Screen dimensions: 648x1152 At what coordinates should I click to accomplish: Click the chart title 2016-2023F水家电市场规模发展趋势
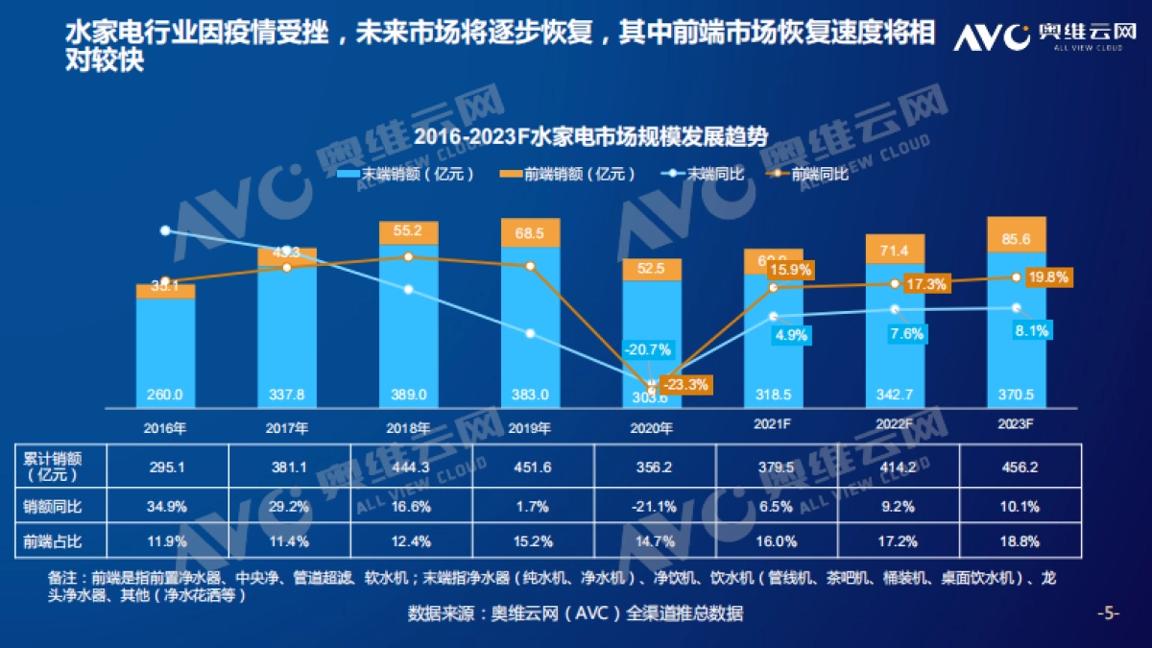590,136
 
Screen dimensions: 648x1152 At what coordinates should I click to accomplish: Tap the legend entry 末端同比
702,174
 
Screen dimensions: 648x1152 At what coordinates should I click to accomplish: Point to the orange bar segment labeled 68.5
530,233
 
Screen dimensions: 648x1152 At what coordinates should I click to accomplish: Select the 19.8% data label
1046,277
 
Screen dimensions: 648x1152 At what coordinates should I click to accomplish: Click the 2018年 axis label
409,428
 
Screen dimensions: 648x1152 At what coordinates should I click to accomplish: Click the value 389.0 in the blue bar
409,394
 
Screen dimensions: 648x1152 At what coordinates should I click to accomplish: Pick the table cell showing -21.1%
652,505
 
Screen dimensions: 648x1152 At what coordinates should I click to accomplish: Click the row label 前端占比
53,541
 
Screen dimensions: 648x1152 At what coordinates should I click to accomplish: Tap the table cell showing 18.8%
1019,541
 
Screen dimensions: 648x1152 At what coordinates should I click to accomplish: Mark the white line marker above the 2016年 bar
165,230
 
